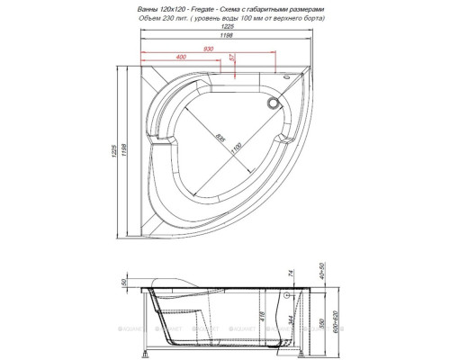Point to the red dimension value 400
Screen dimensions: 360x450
point(183,57)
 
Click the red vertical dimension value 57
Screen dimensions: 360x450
point(232,58)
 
